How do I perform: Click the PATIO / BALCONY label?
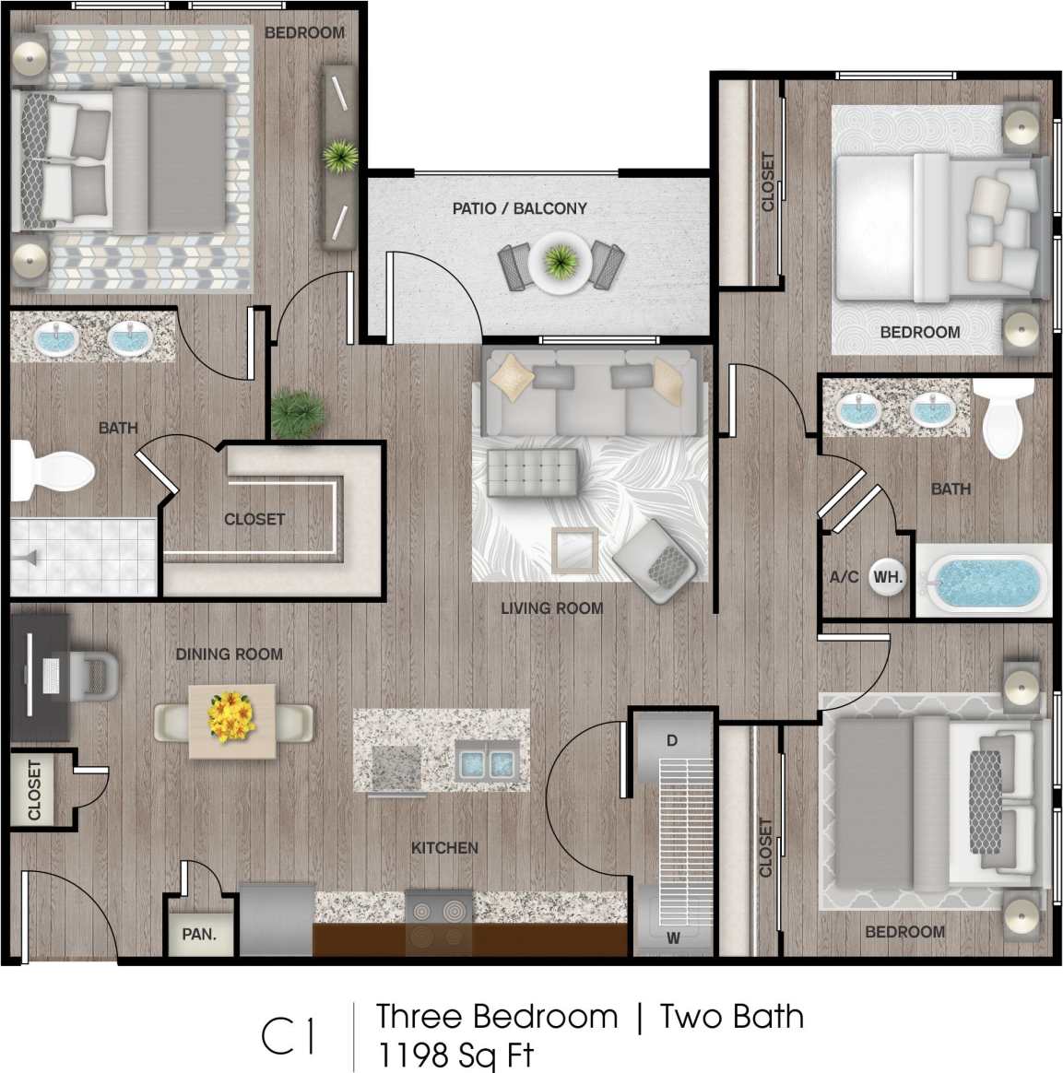pyautogui.click(x=519, y=208)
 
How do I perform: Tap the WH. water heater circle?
pyautogui.click(x=887, y=577)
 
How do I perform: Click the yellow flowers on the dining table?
pyautogui.click(x=231, y=717)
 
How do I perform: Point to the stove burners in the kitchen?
pyautogui.click(x=439, y=923)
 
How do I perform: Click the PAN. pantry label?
pyautogui.click(x=199, y=934)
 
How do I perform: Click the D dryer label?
pyautogui.click(x=672, y=740)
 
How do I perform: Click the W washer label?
pyautogui.click(x=673, y=937)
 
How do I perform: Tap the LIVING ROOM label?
pyautogui.click(x=551, y=608)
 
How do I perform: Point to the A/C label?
pyautogui.click(x=844, y=577)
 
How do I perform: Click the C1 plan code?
pyautogui.click(x=289, y=1036)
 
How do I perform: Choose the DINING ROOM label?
pyautogui.click(x=229, y=654)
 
